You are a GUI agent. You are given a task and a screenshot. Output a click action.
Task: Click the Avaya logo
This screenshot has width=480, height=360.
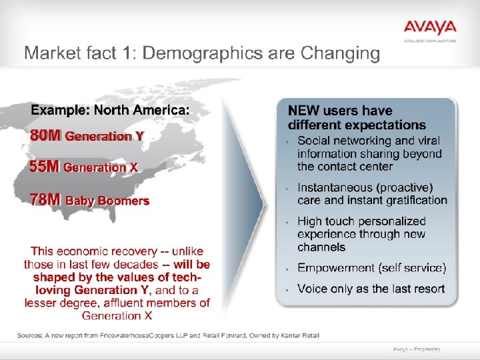click(429, 28)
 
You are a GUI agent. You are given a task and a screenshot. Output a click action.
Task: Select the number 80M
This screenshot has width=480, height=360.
click(45, 136)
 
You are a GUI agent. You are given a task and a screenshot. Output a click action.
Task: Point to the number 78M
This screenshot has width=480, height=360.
click(45, 199)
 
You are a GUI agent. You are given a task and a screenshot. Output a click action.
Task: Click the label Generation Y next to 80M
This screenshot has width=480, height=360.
click(103, 137)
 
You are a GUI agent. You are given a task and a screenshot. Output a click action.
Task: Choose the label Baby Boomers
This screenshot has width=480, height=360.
click(107, 200)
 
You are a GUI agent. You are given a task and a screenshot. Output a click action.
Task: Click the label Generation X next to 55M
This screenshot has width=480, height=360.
click(101, 168)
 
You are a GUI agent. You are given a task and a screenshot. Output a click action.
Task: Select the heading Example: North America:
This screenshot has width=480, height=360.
click(110, 109)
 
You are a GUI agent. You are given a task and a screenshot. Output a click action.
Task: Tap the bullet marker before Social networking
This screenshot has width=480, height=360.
click(287, 141)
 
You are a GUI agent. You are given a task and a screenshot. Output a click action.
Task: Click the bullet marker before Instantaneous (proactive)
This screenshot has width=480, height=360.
click(287, 189)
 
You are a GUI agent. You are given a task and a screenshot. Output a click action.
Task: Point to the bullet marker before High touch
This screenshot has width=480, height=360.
click(287, 222)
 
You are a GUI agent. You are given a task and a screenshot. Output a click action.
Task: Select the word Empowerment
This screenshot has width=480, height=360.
click(336, 268)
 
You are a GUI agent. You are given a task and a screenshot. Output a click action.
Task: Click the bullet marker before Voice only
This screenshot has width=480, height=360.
click(287, 289)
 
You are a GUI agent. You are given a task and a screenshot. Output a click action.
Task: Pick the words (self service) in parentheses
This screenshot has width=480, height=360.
click(412, 268)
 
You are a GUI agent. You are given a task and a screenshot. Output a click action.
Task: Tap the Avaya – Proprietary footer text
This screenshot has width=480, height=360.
click(416, 349)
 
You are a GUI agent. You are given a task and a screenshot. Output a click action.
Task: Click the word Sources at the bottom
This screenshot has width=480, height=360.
click(31, 335)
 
